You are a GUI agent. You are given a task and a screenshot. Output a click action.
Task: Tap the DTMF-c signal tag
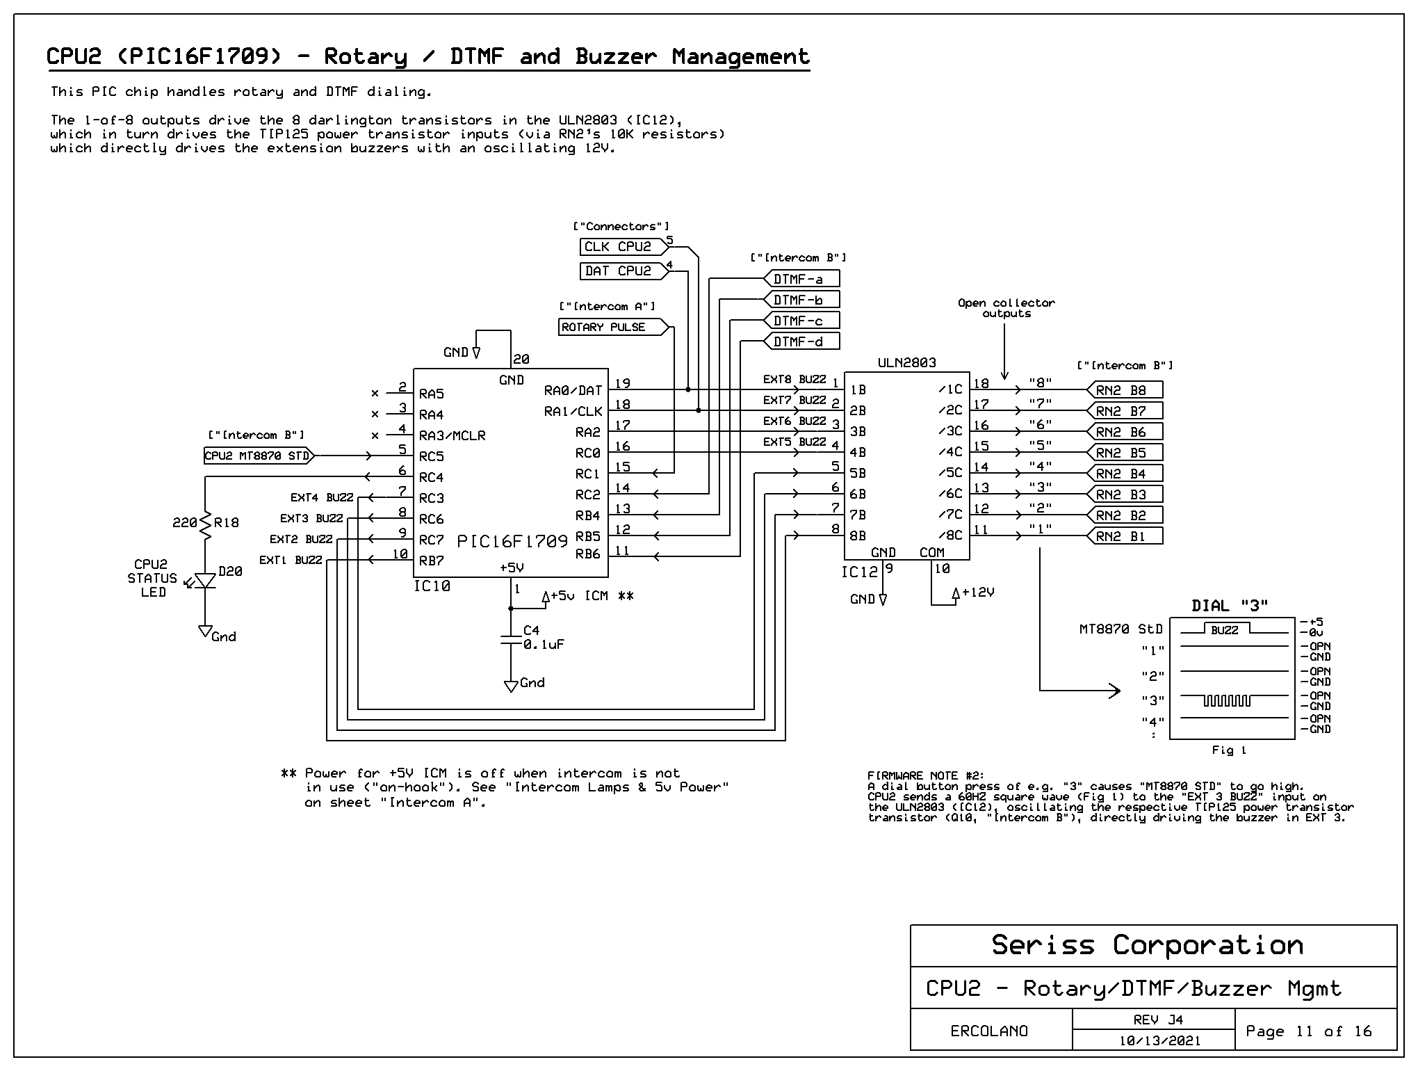coord(801,321)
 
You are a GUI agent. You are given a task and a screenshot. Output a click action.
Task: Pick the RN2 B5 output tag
coord(1125,453)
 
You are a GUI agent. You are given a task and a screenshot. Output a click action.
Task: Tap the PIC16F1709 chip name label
coord(512,541)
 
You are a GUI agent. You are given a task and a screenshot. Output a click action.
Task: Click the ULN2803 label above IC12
coord(906,362)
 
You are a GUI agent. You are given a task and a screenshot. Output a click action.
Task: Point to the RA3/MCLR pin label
coord(453,435)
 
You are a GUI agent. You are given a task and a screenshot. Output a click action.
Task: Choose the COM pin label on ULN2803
coord(932,552)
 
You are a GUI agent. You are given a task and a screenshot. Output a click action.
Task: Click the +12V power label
coord(978,593)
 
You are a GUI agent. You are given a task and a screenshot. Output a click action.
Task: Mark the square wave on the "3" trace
coord(1227,700)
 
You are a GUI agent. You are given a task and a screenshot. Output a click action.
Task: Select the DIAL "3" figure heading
coord(1230,606)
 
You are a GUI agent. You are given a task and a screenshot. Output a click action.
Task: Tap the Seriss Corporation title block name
coord(1147,945)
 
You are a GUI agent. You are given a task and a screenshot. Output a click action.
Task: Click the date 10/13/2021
coord(1159,1041)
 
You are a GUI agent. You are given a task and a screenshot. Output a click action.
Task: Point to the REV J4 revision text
coord(1158,1020)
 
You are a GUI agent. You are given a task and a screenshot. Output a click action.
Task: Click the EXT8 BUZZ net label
coord(794,380)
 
